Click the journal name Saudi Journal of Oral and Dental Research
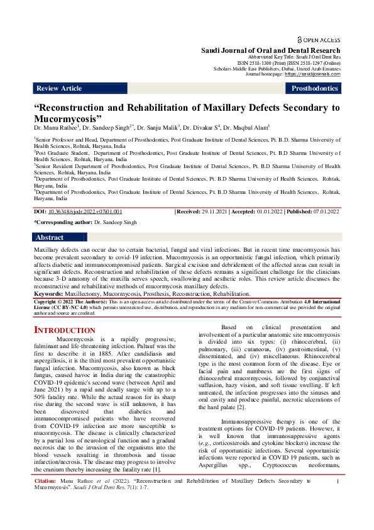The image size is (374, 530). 270,50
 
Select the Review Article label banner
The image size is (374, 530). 59,89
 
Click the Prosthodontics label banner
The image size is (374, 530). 314,89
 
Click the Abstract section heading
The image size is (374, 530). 50,237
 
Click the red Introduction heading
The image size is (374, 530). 64,330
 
